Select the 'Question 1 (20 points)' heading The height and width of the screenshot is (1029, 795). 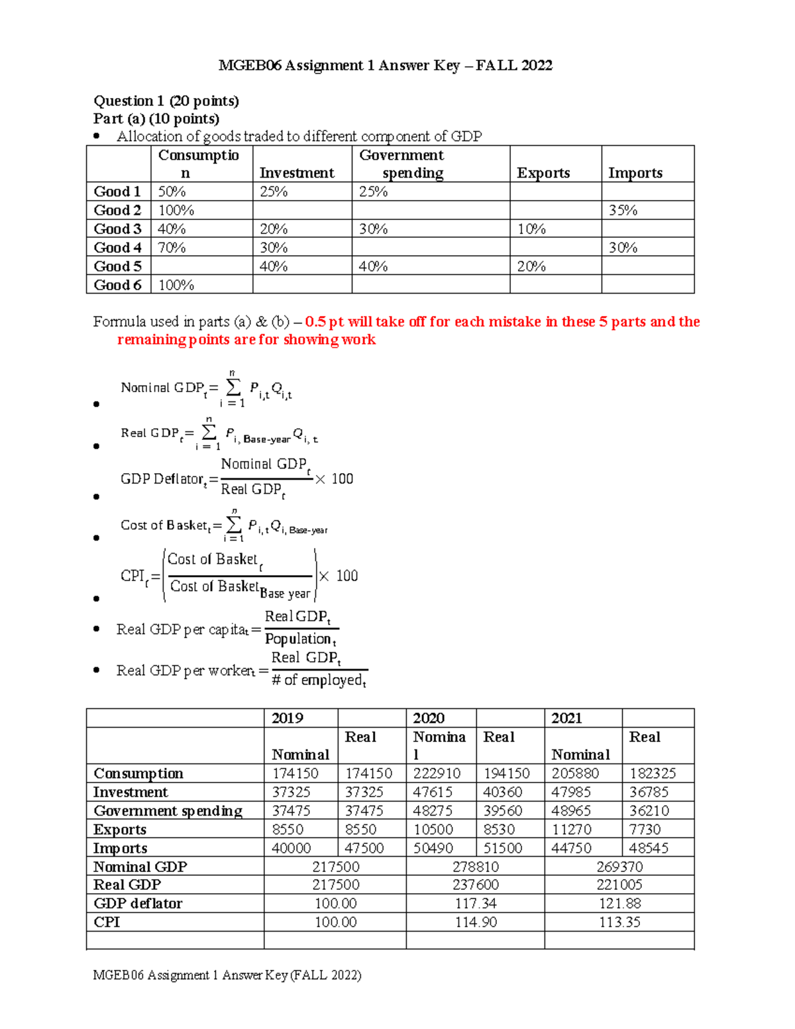tap(166, 101)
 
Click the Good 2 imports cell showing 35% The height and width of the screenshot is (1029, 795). tap(623, 210)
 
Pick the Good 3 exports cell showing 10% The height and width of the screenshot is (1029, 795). tap(531, 229)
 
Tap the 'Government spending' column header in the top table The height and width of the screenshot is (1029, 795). tap(401, 164)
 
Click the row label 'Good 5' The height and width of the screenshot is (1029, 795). tap(117, 266)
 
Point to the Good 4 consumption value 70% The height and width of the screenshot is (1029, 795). tap(172, 248)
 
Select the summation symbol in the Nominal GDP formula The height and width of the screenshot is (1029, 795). tap(233, 387)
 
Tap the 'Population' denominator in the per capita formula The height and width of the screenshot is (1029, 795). tap(299, 639)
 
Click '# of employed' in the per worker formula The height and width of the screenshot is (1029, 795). tap(318, 680)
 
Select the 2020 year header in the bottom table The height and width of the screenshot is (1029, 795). tap(429, 718)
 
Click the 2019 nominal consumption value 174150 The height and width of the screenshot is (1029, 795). tap(295, 773)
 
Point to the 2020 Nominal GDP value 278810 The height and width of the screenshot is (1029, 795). tap(476, 867)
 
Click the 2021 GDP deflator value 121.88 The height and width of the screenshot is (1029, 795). tap(619, 904)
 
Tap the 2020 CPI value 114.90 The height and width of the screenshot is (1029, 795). tap(476, 922)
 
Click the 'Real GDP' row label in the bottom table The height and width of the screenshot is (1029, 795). tap(127, 885)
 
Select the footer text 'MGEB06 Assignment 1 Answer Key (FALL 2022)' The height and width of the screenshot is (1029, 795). tap(227, 975)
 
